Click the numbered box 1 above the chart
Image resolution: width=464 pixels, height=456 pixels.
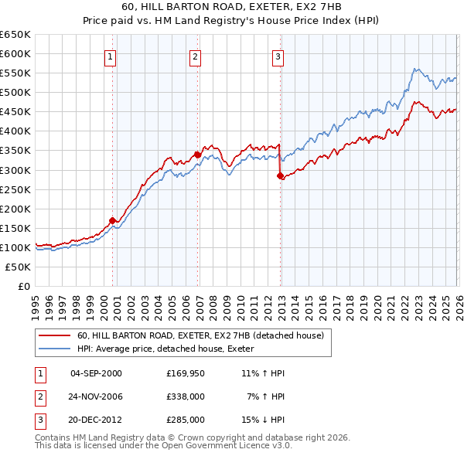click(111, 56)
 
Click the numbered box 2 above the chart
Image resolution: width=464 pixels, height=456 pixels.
click(195, 56)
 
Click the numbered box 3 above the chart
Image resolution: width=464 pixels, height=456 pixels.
click(278, 56)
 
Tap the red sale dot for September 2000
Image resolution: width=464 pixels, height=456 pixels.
click(113, 220)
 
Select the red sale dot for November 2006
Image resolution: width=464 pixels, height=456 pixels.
click(197, 155)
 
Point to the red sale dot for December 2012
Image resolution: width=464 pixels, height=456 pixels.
click(280, 175)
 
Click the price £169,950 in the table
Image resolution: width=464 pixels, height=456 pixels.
click(186, 373)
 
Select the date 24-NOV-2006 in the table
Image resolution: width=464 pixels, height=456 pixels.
click(96, 396)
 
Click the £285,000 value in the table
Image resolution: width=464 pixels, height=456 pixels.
click(186, 420)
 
